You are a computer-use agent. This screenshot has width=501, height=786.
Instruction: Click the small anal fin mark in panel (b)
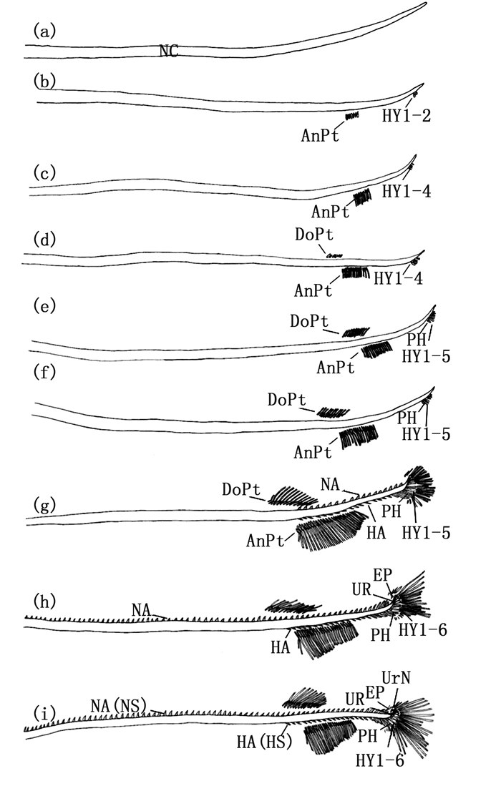351,116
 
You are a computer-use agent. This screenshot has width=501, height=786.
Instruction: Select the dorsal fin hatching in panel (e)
356,332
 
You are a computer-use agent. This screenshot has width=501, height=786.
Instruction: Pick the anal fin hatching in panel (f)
358,436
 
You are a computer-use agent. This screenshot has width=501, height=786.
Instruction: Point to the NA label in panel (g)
330,484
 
